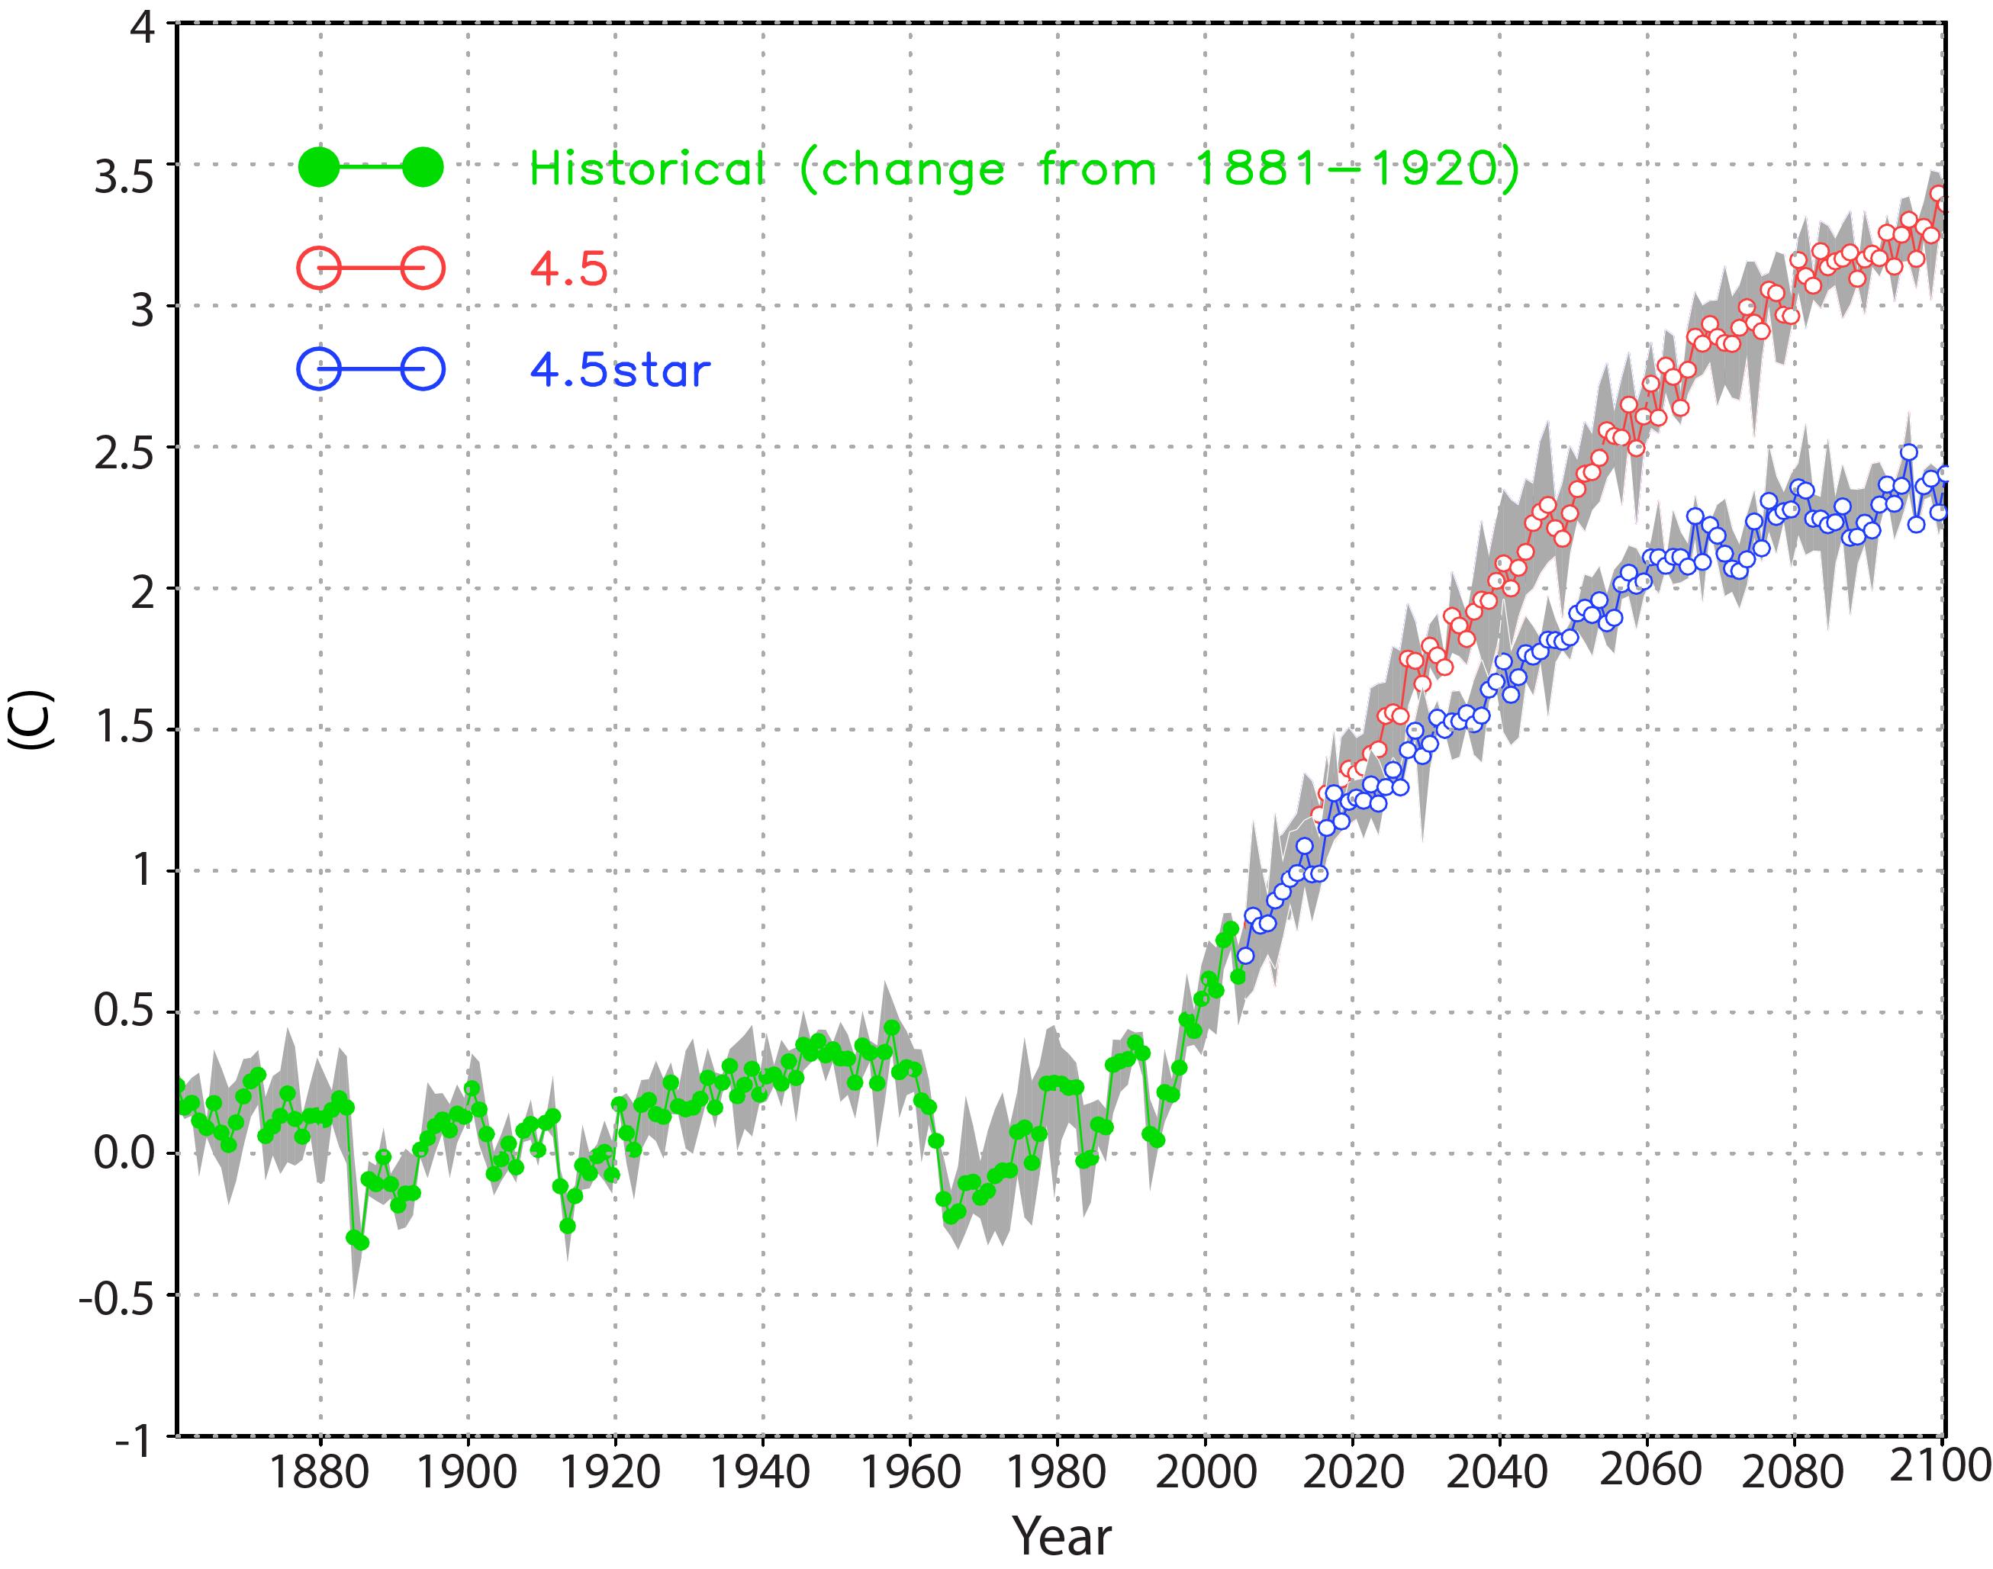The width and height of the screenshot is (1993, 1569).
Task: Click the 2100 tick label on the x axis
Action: pyautogui.click(x=1939, y=1466)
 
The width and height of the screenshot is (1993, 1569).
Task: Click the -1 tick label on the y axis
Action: pyautogui.click(x=134, y=1442)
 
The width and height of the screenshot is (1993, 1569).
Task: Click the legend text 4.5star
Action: pyautogui.click(x=620, y=370)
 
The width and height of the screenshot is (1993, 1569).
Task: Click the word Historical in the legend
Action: pyautogui.click(x=647, y=169)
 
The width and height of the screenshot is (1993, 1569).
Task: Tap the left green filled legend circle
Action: pyautogui.click(x=319, y=167)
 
